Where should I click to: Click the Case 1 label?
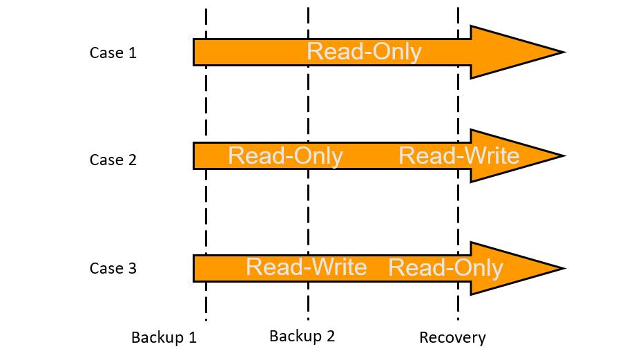click(x=113, y=53)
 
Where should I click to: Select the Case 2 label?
click(x=113, y=160)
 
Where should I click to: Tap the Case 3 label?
click(x=113, y=268)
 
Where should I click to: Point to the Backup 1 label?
click(x=164, y=337)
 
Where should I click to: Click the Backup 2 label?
click(x=302, y=337)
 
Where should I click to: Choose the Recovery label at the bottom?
click(x=452, y=338)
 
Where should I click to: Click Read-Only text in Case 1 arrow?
click(x=364, y=52)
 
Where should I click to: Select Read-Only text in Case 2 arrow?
click(x=285, y=155)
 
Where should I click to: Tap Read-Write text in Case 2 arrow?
click(x=458, y=155)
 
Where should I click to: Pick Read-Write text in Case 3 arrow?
click(x=307, y=267)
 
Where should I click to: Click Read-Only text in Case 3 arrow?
click(x=446, y=268)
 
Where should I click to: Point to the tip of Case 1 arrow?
click(x=566, y=52)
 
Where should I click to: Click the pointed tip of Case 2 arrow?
click(x=566, y=155)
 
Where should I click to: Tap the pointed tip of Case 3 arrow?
click(x=566, y=268)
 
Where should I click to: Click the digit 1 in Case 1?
click(x=133, y=53)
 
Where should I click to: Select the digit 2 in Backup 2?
click(x=331, y=336)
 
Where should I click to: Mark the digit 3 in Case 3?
click(x=133, y=268)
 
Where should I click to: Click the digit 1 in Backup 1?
click(x=193, y=337)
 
